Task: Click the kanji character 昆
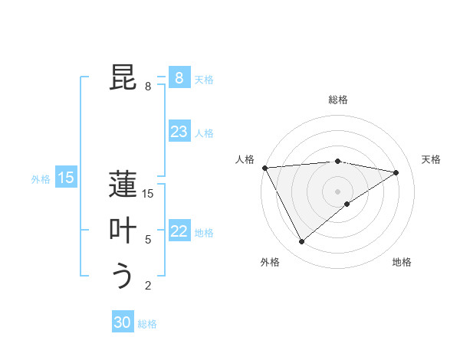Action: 123,77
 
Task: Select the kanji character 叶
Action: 123,231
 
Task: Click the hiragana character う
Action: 123,276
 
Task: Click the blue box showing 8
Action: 179,77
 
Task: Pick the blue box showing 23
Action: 179,132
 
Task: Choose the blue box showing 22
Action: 179,231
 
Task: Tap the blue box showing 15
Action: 66,178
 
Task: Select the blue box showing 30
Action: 123,322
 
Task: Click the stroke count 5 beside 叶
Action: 148,240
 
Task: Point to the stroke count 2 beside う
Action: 148,286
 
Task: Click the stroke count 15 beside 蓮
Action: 148,194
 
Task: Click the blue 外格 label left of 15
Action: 41,179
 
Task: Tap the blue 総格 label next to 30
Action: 147,324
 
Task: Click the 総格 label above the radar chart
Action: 338,100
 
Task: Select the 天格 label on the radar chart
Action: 431,159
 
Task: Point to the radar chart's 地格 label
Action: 402,262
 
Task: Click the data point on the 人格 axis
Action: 264,168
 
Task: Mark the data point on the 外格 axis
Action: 301,242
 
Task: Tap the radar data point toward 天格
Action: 396,172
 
